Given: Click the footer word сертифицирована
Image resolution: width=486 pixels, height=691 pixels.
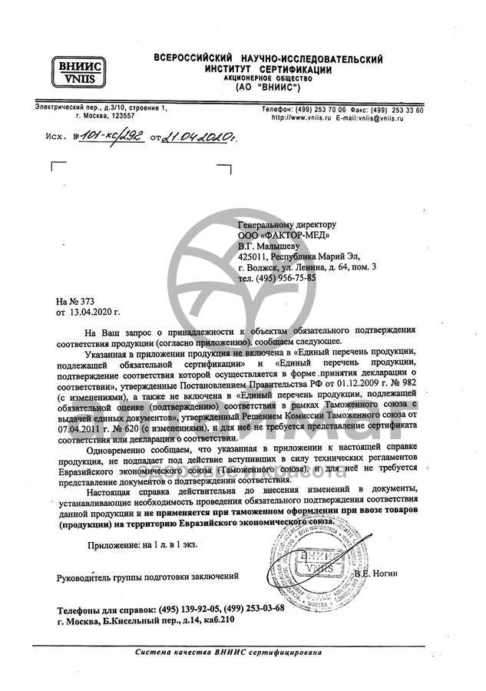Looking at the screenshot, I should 289,652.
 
